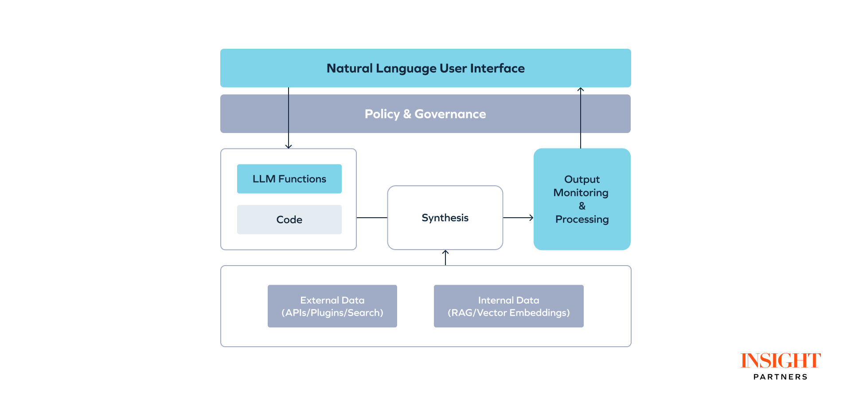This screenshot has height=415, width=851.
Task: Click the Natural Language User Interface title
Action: click(425, 68)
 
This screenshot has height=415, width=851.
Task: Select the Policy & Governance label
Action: click(425, 114)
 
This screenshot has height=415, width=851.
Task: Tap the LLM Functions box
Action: click(289, 179)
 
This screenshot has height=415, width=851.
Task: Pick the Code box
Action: click(289, 219)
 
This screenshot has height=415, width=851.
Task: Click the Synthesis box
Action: click(445, 218)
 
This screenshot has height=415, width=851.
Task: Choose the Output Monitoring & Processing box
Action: click(582, 199)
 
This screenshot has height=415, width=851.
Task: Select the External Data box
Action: click(332, 306)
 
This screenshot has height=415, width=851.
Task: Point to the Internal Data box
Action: click(508, 306)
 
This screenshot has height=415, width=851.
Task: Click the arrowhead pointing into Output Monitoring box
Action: click(531, 218)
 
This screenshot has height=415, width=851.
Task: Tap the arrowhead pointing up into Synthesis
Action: click(445, 252)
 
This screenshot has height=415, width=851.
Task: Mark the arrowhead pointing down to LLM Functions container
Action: click(289, 146)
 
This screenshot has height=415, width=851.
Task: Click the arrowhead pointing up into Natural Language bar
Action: click(581, 90)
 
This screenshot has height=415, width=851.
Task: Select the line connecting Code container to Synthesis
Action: click(372, 218)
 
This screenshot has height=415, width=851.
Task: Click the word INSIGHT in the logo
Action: click(781, 361)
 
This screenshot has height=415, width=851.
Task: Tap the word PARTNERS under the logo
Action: click(781, 377)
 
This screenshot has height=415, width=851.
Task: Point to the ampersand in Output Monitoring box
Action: click(582, 206)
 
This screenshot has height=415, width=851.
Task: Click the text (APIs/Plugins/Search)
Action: click(332, 313)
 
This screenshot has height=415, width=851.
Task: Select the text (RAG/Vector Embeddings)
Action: click(508, 313)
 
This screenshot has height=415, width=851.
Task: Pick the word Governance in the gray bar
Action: click(450, 114)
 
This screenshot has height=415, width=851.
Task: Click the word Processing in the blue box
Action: click(582, 219)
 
